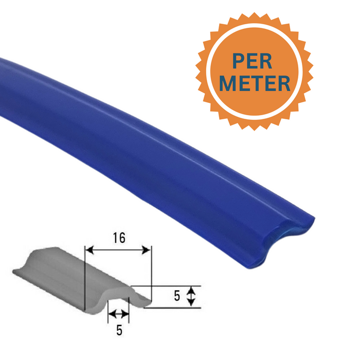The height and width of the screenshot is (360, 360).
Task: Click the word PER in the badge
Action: click(x=252, y=61)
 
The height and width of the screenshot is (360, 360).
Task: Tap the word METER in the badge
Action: click(x=252, y=83)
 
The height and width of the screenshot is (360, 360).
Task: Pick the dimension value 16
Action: click(x=118, y=237)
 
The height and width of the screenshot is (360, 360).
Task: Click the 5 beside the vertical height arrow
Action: click(x=176, y=296)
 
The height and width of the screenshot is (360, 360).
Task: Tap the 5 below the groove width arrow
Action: click(x=119, y=330)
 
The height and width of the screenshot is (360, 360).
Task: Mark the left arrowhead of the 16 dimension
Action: click(x=88, y=250)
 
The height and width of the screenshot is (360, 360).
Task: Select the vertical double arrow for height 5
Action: click(x=191, y=296)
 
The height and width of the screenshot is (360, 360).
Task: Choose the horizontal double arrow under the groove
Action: click(x=119, y=314)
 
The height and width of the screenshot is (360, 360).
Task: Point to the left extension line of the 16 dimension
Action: click(x=84, y=278)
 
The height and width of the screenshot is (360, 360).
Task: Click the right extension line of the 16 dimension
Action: click(x=152, y=273)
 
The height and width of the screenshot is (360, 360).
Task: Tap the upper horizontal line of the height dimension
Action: click(x=170, y=285)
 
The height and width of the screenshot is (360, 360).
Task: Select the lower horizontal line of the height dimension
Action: click(x=175, y=308)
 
